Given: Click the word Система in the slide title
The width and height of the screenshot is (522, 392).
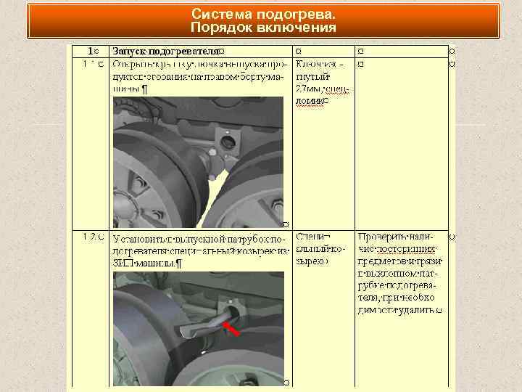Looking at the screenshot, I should coord(217,15).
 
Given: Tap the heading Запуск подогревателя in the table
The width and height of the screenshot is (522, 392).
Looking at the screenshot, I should coord(165,52).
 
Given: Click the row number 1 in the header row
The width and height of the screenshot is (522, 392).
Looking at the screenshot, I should coord(90,52).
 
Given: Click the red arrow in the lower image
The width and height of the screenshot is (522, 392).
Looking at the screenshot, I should coord(231,330).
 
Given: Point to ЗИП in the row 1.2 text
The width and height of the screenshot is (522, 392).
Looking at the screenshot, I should coord(123,263).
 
